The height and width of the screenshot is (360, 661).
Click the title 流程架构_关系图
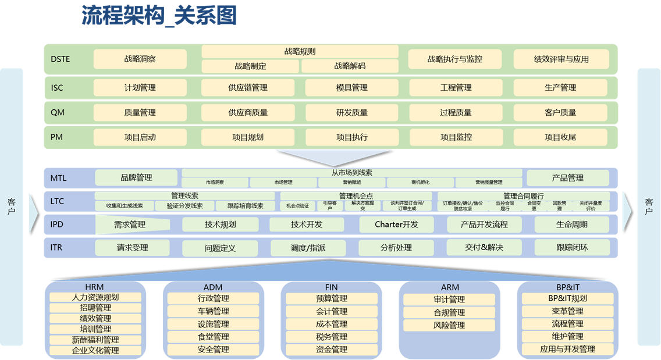click(159, 16)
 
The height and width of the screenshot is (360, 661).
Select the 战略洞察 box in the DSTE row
click(140, 59)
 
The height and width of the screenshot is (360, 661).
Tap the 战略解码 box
click(350, 66)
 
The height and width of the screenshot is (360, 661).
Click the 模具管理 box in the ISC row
click(351, 88)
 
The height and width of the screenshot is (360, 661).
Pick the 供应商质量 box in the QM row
click(248, 112)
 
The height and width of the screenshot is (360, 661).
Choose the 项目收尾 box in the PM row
click(560, 137)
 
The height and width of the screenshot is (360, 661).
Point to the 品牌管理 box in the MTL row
click(136, 177)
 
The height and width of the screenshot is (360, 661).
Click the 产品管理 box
click(567, 177)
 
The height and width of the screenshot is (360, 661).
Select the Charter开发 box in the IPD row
click(396, 224)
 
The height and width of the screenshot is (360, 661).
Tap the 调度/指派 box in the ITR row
click(308, 248)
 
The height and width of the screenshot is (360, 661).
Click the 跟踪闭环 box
click(572, 247)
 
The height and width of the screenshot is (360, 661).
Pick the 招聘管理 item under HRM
click(95, 308)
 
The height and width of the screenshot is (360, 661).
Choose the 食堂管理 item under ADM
click(213, 337)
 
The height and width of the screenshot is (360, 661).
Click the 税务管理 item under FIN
click(331, 337)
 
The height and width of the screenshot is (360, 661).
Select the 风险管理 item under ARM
click(449, 325)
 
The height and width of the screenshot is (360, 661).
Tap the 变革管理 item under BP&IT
click(567, 311)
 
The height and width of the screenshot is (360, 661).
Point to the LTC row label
click(57, 201)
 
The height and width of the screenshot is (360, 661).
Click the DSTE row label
click(61, 59)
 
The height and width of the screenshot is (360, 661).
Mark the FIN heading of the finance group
click(331, 287)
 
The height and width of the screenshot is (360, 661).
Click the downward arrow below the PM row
click(332, 157)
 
